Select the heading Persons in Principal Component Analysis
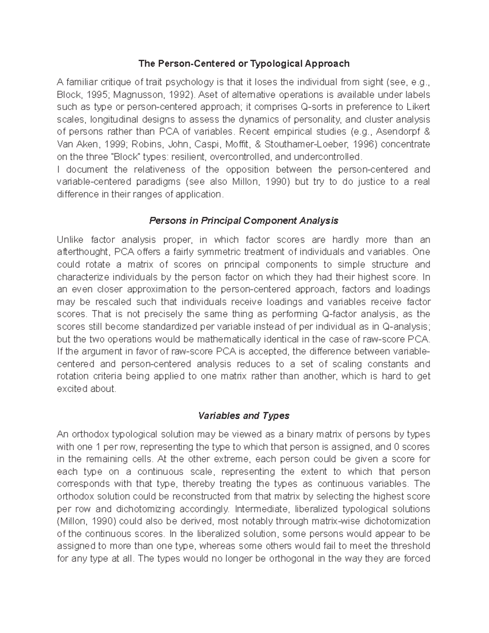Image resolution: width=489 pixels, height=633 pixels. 244,221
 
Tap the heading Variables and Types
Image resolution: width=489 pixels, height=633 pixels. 244,416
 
